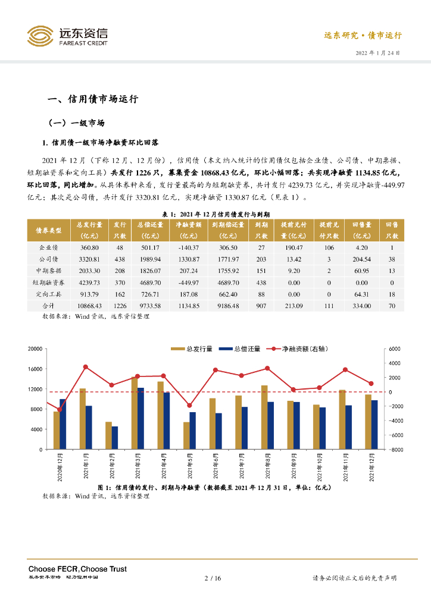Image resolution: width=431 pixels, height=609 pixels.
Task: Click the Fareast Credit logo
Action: click(x=68, y=37)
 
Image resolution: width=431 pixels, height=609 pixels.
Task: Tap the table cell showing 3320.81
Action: click(x=89, y=259)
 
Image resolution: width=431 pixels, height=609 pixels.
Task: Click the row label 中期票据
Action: click(x=49, y=271)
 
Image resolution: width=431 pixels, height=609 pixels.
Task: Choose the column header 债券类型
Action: click(x=49, y=230)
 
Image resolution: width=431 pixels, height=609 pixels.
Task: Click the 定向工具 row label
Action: click(x=49, y=294)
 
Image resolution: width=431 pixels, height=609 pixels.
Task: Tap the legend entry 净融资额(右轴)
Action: click(x=299, y=349)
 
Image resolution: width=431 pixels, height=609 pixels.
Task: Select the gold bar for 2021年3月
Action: click(x=135, y=413)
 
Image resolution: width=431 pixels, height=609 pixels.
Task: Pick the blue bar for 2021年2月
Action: click(x=115, y=438)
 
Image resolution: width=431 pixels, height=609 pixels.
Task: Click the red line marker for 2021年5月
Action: click(x=189, y=406)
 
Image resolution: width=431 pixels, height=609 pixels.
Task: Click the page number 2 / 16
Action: click(x=213, y=578)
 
